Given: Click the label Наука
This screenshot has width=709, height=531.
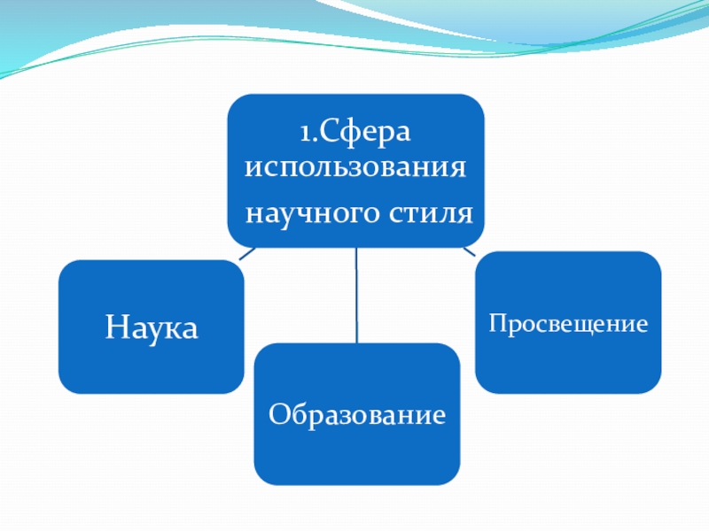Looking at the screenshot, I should pyautogui.click(x=152, y=327).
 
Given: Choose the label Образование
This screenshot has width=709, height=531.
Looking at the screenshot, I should pyautogui.click(x=356, y=413).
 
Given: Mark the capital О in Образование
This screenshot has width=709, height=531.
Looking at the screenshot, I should pyautogui.click(x=277, y=413).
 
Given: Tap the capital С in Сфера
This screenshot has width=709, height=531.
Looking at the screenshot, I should pyautogui.click(x=325, y=134).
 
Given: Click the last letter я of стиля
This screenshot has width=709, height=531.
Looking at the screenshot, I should pyautogui.click(x=465, y=214).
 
